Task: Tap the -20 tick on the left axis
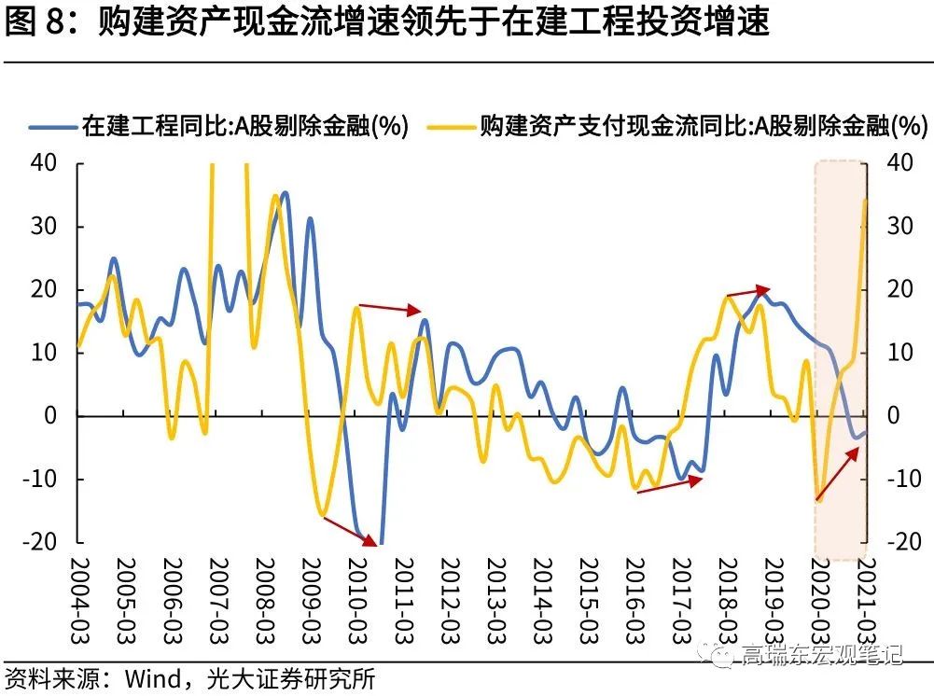(x=43, y=542)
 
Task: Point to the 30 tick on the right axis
(x=899, y=227)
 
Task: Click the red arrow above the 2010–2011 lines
(x=391, y=309)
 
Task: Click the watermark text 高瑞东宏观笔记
(x=821, y=654)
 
